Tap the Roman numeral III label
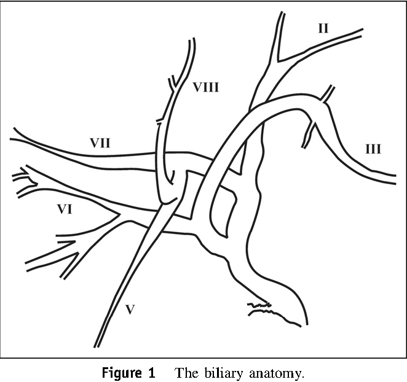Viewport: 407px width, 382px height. (373, 149)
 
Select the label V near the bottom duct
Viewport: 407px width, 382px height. (130, 310)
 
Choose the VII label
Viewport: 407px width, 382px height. (100, 143)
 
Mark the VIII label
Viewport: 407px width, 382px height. (206, 87)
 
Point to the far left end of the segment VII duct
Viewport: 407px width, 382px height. (12, 134)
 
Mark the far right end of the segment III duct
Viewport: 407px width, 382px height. (393, 179)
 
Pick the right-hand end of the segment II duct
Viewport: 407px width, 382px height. (360, 32)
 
